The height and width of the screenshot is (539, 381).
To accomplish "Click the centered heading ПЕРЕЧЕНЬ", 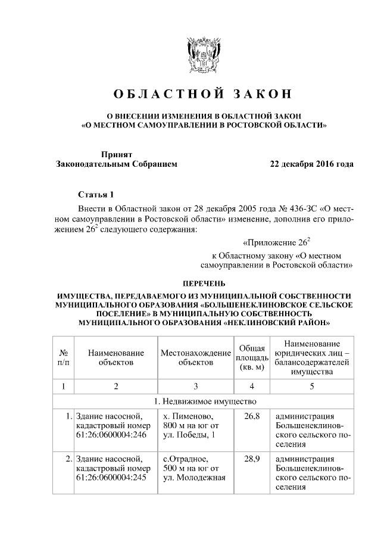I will [204, 283].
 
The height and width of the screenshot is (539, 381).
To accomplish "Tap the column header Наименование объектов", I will [116, 357].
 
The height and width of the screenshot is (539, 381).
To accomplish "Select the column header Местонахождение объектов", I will [195, 357].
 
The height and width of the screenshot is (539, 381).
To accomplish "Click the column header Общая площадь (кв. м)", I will [252, 357].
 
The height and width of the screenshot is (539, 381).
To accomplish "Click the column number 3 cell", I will [195, 386].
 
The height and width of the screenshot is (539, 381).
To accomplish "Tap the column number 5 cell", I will [311, 386].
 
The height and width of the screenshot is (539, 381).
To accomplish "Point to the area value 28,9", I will [252, 459].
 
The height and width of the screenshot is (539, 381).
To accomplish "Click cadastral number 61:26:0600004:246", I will [111, 436].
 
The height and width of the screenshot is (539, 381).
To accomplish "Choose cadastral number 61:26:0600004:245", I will [111, 479].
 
